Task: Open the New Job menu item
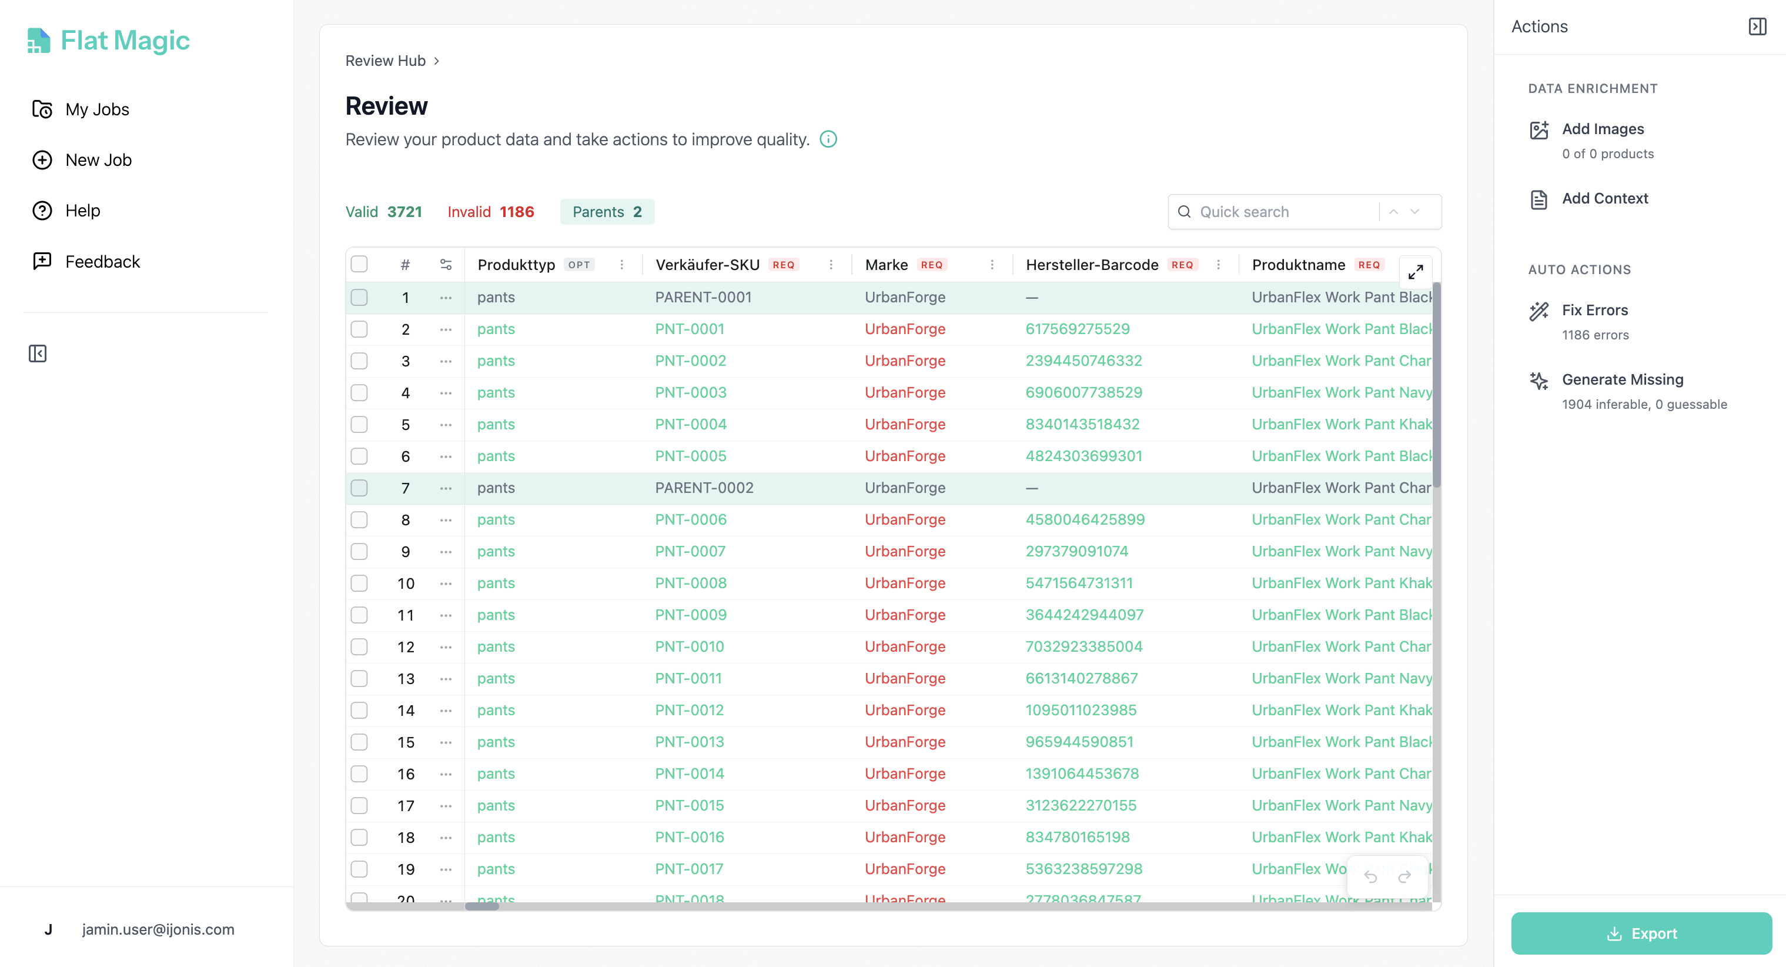98,159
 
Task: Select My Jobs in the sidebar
96,109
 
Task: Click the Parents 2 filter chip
607,212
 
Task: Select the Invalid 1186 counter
490,212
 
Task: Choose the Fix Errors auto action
1594,310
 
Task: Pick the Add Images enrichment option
1602,129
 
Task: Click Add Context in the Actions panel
1604,198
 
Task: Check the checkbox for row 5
359,425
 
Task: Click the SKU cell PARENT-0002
704,488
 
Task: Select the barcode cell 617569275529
1077,329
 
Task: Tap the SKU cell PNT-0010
689,646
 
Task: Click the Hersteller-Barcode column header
1091,264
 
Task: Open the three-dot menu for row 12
446,646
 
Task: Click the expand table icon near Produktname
1415,271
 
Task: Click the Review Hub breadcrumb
385,61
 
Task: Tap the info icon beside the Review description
828,139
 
